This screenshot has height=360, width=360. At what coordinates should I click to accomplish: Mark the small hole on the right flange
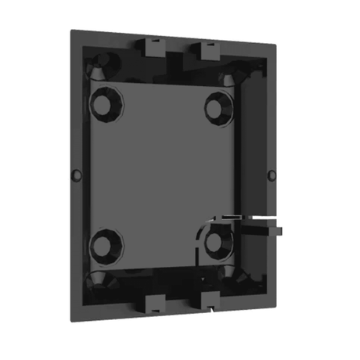[271, 171]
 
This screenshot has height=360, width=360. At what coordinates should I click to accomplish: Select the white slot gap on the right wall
[264, 213]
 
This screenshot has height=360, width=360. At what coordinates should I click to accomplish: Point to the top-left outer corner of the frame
[71, 30]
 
